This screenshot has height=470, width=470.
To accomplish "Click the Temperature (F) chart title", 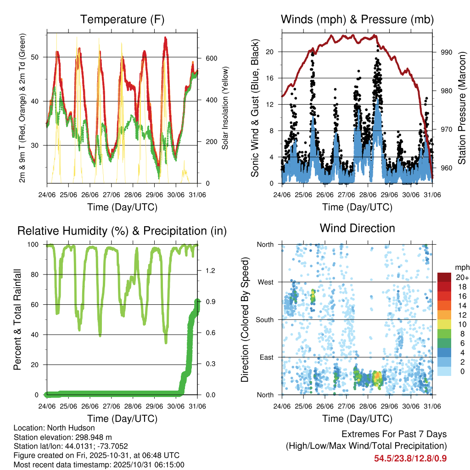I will click(122, 19).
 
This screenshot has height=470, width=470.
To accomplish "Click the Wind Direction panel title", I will click(357, 228).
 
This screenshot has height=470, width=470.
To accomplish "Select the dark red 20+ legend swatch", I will click(444, 277).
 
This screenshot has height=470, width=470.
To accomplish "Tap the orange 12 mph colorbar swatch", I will click(444, 314).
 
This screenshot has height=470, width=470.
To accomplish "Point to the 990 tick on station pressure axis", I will click(447, 52).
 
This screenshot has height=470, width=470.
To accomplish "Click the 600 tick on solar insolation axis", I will click(211, 59).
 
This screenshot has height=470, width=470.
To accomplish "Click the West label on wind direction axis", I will click(265, 282).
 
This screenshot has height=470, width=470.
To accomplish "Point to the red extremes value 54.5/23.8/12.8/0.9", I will click(410, 458).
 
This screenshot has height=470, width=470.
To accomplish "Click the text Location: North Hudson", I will click(54, 428).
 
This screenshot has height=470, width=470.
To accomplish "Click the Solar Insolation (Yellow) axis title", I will click(226, 108).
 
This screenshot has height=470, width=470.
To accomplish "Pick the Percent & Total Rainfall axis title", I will click(17, 319).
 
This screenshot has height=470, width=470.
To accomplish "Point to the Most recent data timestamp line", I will click(99, 464).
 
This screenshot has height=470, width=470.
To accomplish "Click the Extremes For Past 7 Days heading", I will click(394, 434).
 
